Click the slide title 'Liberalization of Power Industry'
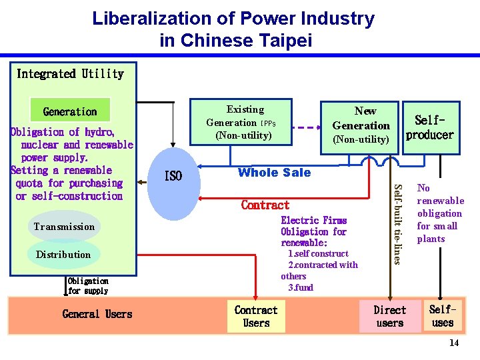pos(233,19)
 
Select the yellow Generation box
pos(70,111)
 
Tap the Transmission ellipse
pos(64,227)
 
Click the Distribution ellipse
pos(63,255)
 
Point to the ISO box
pos(173,176)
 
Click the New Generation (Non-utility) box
pos(361,125)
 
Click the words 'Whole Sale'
pos(274,173)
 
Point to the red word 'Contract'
pos(265,205)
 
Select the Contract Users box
pos(256,317)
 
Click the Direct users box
pos(389,317)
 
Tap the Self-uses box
pos(443,316)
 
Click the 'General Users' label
pos(97,314)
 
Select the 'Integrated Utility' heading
pos(70,74)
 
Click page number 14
pos(454,343)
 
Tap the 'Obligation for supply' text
pos(87,286)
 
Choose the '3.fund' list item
pos(300,287)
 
